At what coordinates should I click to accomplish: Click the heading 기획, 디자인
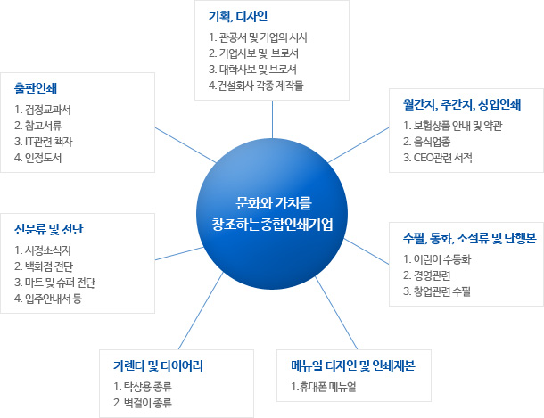(x=238, y=16)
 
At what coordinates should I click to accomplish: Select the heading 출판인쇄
(x=36, y=88)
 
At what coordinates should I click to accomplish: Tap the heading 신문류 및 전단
(x=49, y=229)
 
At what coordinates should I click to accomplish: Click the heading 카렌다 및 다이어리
(x=158, y=365)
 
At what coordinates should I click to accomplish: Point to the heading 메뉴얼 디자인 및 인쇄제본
(x=353, y=365)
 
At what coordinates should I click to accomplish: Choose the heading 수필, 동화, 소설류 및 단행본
(x=470, y=238)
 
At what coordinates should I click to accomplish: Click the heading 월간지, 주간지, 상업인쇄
(x=462, y=104)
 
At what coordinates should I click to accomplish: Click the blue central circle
(x=272, y=214)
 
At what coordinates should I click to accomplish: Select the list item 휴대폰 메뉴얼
(x=324, y=387)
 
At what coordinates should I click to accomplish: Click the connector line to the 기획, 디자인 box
(x=272, y=119)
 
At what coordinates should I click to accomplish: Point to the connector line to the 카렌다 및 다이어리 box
(x=201, y=310)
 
